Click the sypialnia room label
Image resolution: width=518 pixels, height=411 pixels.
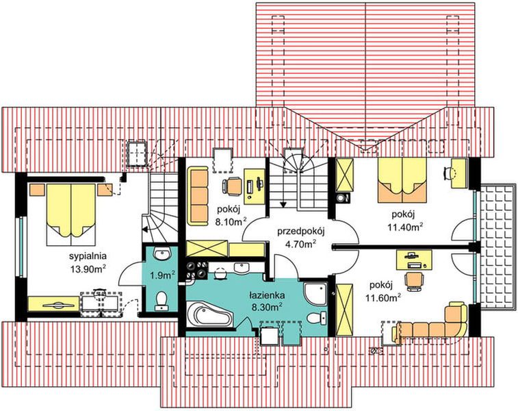coord(88,256)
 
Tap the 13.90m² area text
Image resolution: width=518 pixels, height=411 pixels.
coord(88,268)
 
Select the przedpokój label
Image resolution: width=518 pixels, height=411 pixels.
coord(301,232)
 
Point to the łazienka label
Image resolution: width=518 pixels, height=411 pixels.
coord(267,295)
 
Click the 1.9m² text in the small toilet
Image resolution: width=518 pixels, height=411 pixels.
coord(162,275)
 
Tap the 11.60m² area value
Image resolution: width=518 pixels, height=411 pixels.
coord(383,297)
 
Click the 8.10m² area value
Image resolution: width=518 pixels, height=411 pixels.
coord(231,221)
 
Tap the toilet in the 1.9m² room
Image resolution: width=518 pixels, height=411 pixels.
coord(161,301)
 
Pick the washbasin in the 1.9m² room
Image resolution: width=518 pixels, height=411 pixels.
coord(162,254)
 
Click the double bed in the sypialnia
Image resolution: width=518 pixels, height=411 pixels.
coord(71,214)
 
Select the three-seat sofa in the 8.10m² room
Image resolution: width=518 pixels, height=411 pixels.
coord(198,196)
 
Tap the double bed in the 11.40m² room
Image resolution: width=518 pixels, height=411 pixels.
coord(402,180)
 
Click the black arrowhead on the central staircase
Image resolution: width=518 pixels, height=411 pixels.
coord(283,204)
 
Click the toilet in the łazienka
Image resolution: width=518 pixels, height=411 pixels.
coord(316,318)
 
